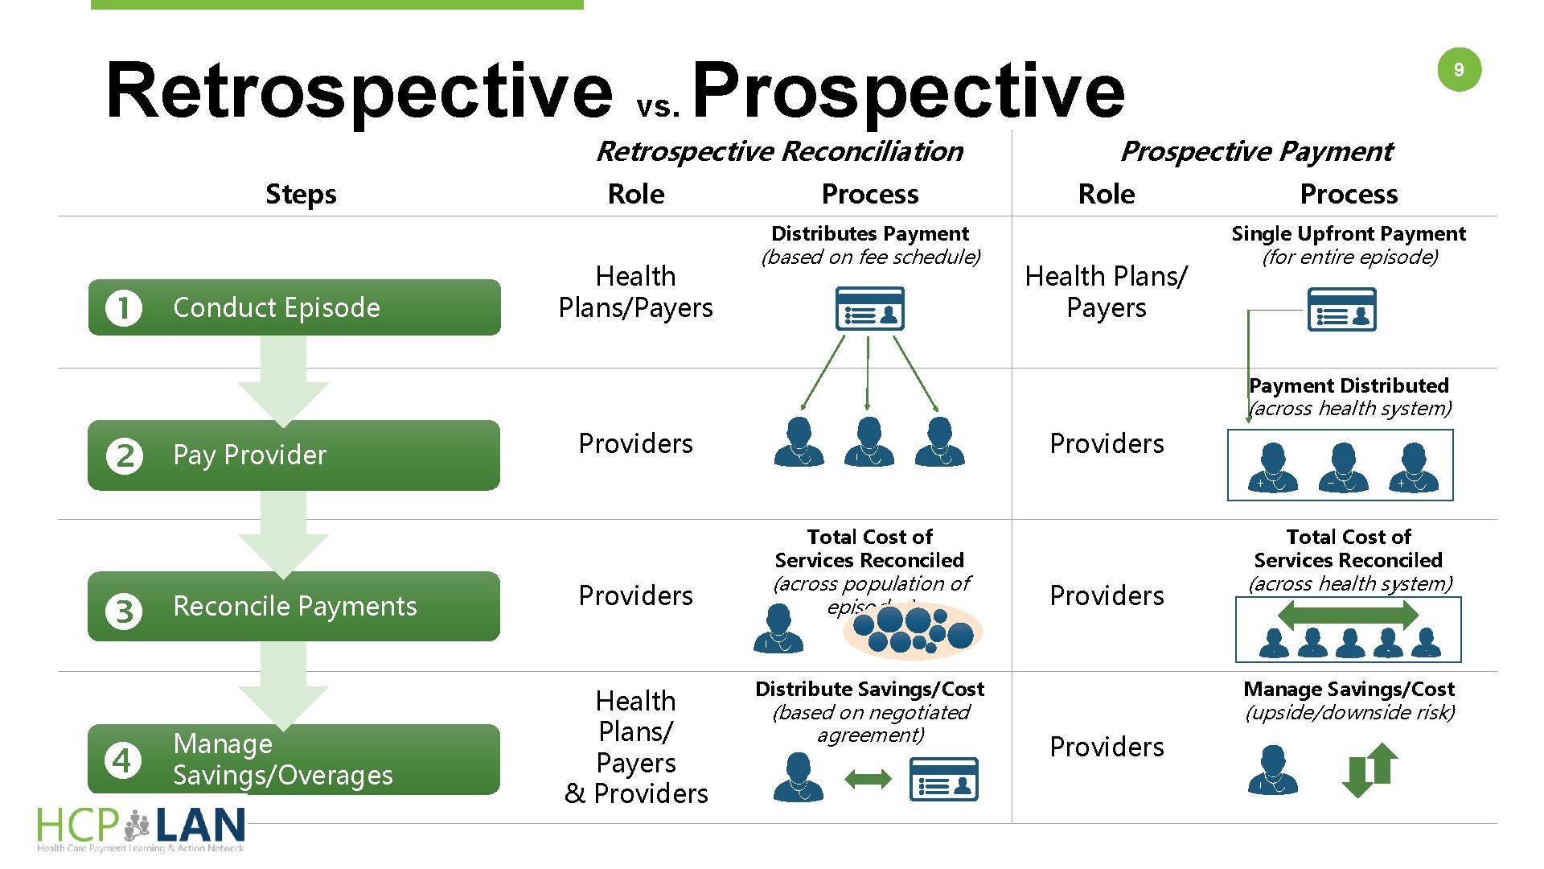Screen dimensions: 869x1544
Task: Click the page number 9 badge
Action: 1459,70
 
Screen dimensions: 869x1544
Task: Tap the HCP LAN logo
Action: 142,829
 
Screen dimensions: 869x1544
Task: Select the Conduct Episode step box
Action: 294,307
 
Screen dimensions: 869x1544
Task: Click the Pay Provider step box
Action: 294,455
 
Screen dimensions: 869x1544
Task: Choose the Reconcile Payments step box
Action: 294,606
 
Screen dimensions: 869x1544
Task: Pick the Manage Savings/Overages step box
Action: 294,760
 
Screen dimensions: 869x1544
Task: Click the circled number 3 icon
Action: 124,611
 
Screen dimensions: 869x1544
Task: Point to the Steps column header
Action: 301,194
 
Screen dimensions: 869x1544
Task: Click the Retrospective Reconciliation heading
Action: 779,151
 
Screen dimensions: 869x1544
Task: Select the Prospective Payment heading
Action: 1256,151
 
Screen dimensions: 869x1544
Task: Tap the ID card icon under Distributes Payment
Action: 869,309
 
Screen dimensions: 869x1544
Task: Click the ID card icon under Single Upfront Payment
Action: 1341,310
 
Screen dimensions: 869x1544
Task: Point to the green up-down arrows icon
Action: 1370,770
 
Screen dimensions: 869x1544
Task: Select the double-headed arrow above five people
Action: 1348,616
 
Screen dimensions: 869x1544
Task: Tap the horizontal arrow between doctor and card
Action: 868,779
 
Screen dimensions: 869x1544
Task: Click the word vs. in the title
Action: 659,107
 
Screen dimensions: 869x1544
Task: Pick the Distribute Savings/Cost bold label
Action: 869,690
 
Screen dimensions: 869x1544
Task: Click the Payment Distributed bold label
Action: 1349,385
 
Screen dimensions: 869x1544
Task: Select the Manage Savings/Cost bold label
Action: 1349,690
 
